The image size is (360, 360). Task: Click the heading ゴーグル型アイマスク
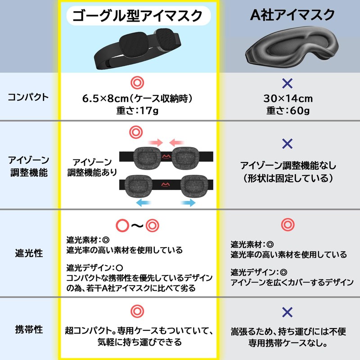click(x=138, y=16)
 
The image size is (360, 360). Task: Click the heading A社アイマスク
click(x=292, y=15)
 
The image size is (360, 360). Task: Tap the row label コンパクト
click(x=28, y=97)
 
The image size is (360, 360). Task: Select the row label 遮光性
click(x=29, y=253)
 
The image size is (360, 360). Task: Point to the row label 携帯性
click(x=29, y=329)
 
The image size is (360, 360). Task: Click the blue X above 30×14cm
click(x=288, y=83)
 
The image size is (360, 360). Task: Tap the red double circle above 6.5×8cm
click(x=137, y=83)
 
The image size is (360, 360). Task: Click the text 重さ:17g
click(x=138, y=111)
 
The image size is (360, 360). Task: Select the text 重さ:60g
click(x=288, y=111)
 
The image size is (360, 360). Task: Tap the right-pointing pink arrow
click(x=156, y=143)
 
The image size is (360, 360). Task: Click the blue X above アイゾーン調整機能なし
click(x=288, y=144)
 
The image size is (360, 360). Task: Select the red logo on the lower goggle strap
click(x=165, y=184)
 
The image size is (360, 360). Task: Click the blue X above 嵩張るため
click(x=288, y=312)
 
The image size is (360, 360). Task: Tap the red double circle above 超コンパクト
click(x=137, y=311)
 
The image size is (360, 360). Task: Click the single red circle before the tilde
click(x=122, y=225)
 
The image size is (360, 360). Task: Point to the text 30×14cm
click(x=288, y=99)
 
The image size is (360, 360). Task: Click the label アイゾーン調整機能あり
click(x=92, y=167)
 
